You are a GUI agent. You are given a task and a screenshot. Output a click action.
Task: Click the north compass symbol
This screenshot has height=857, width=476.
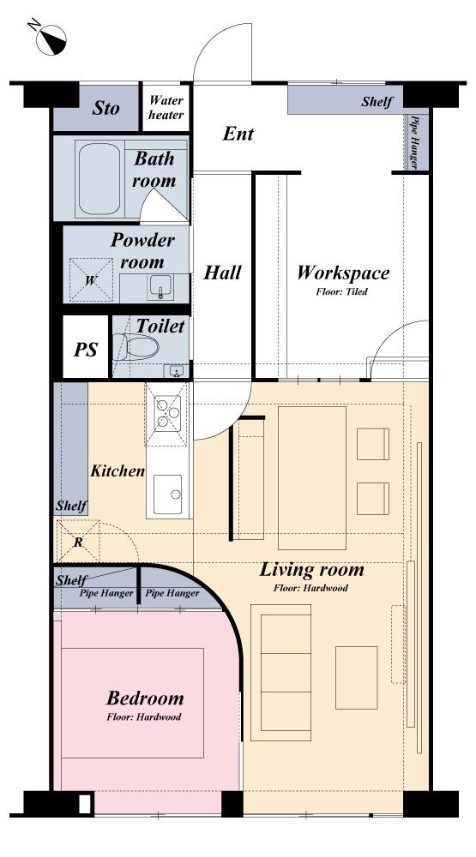click(x=51, y=39)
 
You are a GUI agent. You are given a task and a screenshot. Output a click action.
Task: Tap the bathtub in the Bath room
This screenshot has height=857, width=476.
click(x=99, y=179)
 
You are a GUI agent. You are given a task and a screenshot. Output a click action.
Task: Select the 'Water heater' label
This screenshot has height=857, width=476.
click(x=166, y=107)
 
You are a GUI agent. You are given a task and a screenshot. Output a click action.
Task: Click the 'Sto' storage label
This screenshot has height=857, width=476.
click(x=105, y=108)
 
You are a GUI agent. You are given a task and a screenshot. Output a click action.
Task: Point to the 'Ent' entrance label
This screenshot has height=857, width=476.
click(x=238, y=134)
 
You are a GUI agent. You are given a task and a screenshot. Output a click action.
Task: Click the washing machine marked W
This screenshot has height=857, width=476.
click(x=92, y=280)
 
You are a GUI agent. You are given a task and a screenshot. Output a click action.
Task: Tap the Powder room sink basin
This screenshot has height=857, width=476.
click(x=160, y=286)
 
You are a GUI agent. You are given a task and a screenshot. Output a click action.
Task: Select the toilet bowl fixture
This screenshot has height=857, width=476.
click(x=136, y=347)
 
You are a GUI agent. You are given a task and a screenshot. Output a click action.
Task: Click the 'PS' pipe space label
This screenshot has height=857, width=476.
click(x=86, y=349)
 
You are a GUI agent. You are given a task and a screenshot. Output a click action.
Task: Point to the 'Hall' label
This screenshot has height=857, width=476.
click(x=222, y=273)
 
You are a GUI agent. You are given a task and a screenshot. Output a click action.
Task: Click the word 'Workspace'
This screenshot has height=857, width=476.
click(x=343, y=273)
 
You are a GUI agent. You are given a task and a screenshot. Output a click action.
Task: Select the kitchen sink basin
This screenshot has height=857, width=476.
click(x=167, y=494)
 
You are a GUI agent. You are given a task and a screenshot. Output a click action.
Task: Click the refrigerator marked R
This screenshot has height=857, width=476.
click(x=78, y=542)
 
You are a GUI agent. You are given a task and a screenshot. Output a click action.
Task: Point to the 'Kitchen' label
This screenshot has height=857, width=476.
click(x=117, y=470)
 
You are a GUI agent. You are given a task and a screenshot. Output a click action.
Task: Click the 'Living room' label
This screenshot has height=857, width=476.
click(x=311, y=570)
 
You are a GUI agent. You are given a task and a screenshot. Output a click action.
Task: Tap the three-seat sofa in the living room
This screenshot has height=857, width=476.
click(x=280, y=672)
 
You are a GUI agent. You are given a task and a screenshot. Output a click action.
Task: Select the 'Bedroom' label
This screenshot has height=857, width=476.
click(x=145, y=698)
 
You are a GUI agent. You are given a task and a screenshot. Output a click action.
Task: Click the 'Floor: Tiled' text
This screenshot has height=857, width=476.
click(x=341, y=291)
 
